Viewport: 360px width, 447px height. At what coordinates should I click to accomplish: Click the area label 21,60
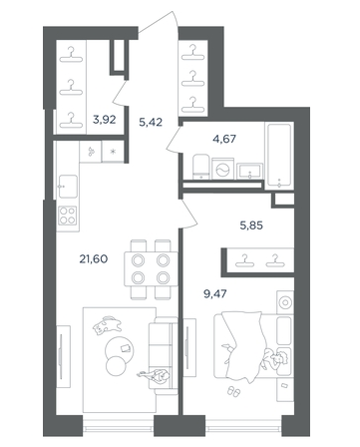click(94, 258)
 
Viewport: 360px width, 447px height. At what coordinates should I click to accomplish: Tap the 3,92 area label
click(105, 120)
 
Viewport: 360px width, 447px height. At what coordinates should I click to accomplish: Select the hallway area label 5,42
click(151, 122)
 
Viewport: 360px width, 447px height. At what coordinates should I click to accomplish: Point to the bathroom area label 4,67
click(224, 139)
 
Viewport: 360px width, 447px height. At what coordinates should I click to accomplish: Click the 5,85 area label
click(251, 225)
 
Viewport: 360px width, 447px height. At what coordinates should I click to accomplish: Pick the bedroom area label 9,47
click(214, 293)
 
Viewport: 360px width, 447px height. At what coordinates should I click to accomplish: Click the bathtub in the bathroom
click(279, 156)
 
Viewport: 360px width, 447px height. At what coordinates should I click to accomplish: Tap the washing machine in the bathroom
click(222, 169)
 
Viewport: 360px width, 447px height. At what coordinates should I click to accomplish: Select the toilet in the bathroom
click(201, 167)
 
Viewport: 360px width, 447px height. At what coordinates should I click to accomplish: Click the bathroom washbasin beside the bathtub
click(249, 171)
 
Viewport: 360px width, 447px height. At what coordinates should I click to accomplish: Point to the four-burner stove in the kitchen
click(68, 216)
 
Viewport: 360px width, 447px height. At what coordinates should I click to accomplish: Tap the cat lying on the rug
click(107, 325)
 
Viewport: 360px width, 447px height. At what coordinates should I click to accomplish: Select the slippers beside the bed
click(233, 391)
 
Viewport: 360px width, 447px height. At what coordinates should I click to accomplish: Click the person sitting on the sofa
click(156, 376)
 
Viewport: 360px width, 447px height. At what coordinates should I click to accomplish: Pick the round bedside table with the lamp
click(285, 302)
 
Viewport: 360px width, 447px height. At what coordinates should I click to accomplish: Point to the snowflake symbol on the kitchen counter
click(113, 152)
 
